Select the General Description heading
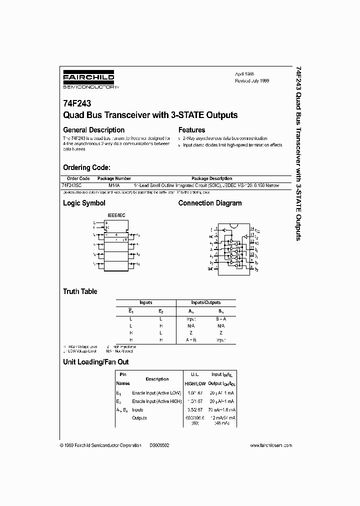(93, 130)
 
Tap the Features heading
(192, 130)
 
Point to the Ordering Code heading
(86, 167)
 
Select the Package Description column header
(211, 178)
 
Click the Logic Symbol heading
(84, 203)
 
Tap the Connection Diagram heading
(210, 203)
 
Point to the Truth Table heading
(80, 291)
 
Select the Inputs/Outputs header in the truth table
(206, 302)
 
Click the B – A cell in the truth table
(221, 318)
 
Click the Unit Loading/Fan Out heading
(95, 361)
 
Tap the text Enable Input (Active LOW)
(156, 394)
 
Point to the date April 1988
(245, 73)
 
